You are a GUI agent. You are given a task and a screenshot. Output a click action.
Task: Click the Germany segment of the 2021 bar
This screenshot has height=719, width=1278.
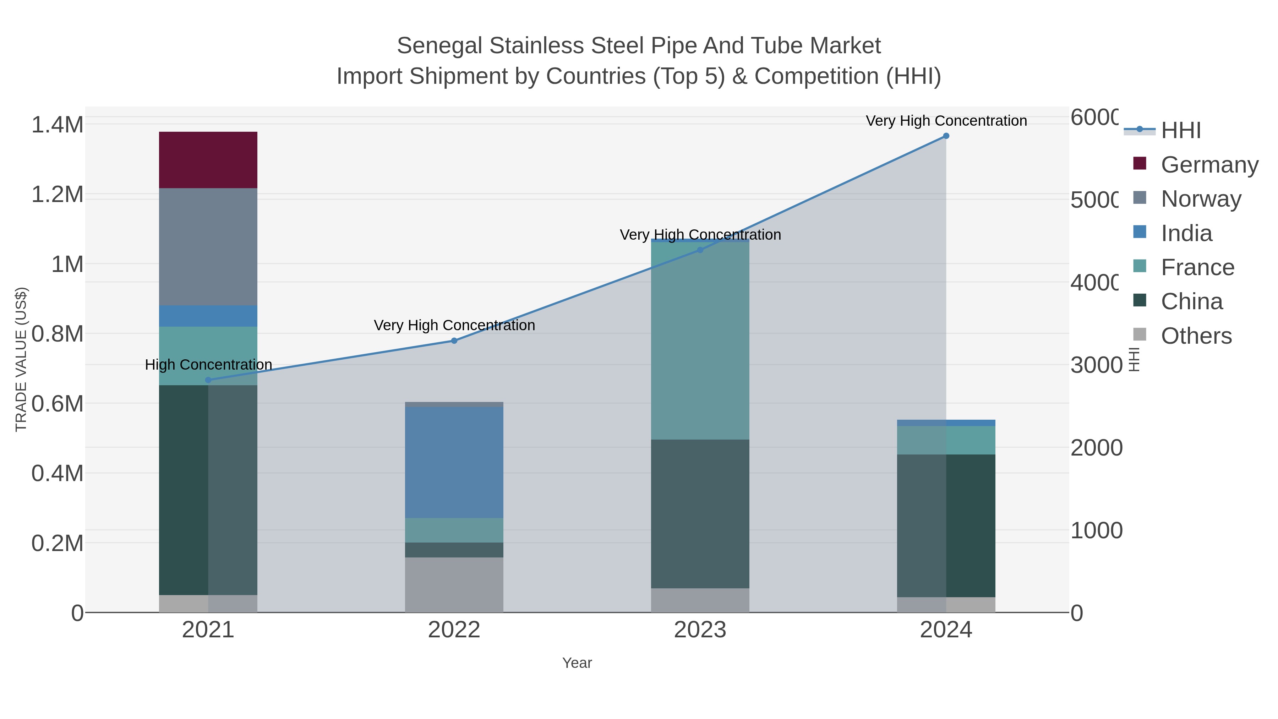tap(208, 160)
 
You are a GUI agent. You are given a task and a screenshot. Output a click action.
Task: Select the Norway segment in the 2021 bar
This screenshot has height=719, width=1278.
tap(208, 247)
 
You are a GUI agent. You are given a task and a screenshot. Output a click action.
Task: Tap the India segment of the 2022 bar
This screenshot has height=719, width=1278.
tap(454, 462)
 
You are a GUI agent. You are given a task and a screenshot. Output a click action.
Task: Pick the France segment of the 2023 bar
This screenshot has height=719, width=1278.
tap(700, 340)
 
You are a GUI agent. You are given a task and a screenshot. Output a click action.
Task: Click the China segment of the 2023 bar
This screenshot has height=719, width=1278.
tap(700, 513)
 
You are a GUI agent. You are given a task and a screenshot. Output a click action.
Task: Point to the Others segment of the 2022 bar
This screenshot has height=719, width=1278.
tap(454, 584)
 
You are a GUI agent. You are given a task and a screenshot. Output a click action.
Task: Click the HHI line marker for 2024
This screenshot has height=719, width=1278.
tap(946, 136)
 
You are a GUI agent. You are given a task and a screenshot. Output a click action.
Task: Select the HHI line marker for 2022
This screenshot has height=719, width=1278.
tap(454, 341)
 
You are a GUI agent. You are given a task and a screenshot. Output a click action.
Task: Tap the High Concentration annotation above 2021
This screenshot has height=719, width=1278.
tap(208, 365)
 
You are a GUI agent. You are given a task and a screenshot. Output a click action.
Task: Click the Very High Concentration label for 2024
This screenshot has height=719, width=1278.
tap(946, 121)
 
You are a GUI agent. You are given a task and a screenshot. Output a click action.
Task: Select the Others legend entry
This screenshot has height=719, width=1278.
tap(1196, 336)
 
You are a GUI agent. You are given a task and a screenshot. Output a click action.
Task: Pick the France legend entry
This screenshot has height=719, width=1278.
tap(1197, 267)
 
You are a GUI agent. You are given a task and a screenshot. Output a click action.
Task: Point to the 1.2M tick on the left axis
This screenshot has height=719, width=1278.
tap(57, 195)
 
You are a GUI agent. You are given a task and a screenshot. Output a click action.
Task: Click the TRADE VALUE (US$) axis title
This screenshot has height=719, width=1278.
tap(21, 359)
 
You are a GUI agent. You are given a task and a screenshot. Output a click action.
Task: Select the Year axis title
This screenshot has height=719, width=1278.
tap(577, 663)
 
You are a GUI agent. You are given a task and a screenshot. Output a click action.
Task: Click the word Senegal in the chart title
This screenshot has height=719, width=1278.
tap(439, 46)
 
